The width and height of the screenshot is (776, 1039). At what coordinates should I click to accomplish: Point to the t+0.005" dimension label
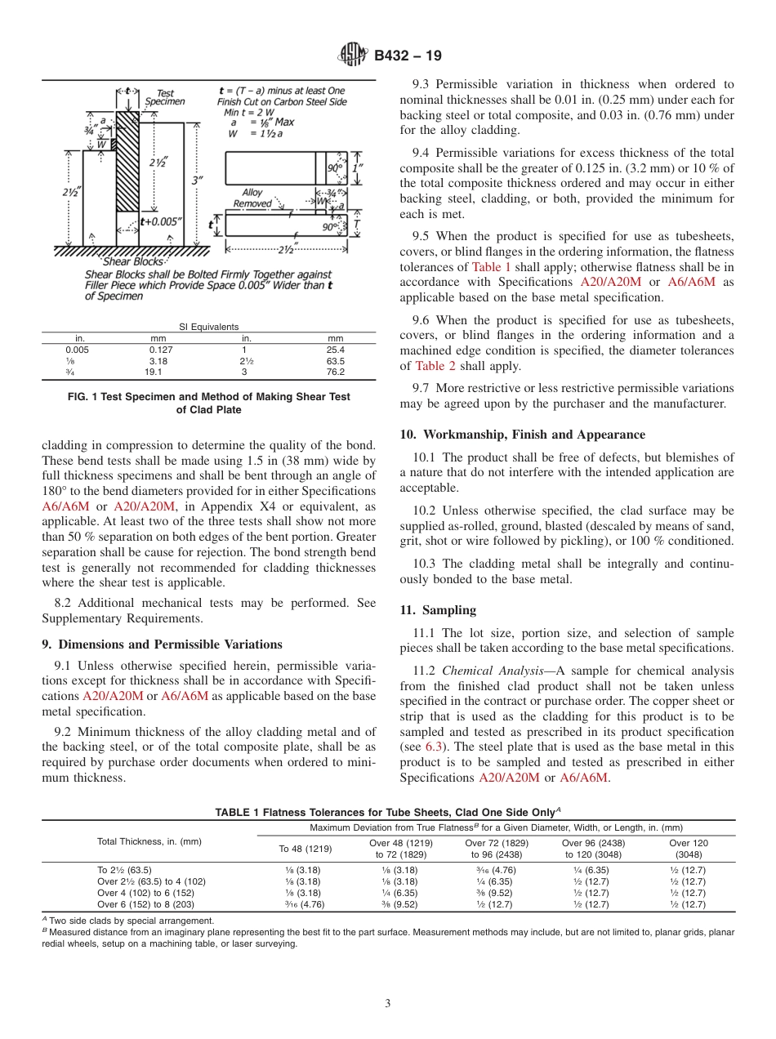pos(161,221)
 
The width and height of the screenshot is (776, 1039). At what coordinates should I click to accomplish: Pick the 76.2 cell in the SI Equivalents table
pos(335,372)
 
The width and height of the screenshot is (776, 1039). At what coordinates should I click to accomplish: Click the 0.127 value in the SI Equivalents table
pos(158,349)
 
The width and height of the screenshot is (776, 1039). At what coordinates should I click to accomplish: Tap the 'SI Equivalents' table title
pos(209,326)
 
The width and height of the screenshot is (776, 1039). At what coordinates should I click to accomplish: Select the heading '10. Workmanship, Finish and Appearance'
pos(522,435)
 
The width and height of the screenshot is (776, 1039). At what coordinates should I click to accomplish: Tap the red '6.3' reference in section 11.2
pos(435,747)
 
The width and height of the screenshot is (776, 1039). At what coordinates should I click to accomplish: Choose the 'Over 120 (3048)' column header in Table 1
pos(689,848)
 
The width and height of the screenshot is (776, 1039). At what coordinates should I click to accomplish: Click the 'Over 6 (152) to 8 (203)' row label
pos(145,904)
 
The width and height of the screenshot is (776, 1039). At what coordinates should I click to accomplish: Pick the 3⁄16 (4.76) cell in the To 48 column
pos(305,904)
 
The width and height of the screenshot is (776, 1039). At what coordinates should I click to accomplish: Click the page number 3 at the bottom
pos(387,1003)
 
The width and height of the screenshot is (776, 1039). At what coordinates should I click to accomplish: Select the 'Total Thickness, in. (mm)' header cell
pos(149,841)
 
